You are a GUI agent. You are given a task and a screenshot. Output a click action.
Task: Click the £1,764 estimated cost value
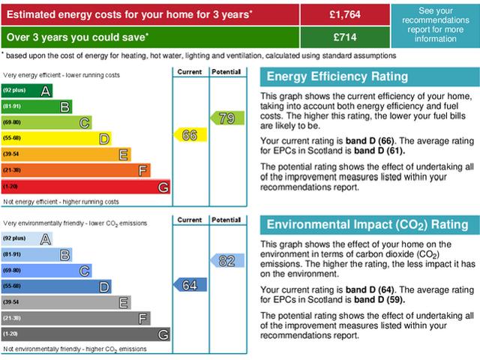(x=344, y=13)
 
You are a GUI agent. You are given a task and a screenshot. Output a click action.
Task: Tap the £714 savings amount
(x=344, y=37)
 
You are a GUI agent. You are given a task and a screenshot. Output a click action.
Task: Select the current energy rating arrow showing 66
(x=190, y=135)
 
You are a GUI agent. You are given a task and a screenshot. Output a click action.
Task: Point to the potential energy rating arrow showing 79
(x=226, y=118)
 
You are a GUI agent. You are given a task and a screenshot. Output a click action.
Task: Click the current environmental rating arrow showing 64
(x=190, y=285)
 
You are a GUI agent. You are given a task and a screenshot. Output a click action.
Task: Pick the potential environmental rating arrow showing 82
(x=226, y=261)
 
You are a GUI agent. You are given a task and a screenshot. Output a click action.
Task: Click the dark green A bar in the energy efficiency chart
(x=27, y=91)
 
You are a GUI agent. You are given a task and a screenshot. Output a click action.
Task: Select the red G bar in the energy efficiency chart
(x=85, y=187)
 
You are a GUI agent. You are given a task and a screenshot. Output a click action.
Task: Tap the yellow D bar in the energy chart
(x=56, y=138)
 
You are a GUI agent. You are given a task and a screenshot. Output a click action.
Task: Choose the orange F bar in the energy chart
(x=76, y=170)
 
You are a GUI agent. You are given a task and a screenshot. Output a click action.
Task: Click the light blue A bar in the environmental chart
(x=27, y=238)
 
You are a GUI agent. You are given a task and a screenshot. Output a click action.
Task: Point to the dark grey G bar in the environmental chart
(x=85, y=334)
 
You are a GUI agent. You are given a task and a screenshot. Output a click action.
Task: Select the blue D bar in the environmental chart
(x=56, y=286)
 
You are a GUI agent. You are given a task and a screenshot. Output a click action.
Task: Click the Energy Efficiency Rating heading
(x=337, y=76)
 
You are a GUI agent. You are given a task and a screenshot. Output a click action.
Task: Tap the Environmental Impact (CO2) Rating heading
(x=367, y=225)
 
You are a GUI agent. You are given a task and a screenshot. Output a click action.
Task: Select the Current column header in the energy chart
(x=190, y=72)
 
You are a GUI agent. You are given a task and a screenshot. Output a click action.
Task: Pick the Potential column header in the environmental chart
(x=226, y=220)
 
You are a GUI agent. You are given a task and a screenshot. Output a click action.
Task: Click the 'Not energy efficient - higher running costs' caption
(x=61, y=202)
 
